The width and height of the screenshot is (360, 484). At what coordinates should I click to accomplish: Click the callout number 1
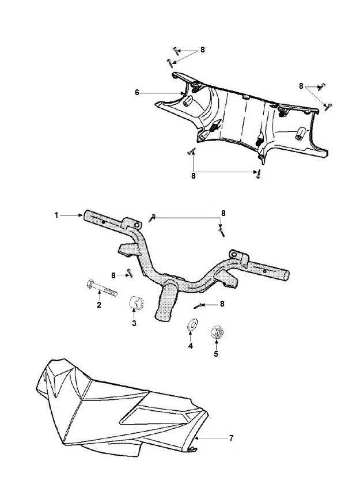tap(56, 215)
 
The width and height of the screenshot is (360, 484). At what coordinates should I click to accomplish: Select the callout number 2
tap(99, 305)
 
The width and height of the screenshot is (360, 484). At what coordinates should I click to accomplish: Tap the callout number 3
tap(134, 323)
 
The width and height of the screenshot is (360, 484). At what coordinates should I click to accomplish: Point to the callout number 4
tap(191, 346)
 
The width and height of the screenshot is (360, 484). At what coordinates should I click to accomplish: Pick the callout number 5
tap(216, 354)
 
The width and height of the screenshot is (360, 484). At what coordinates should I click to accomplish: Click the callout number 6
tap(137, 92)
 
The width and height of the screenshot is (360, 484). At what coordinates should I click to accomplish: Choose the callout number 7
tap(232, 438)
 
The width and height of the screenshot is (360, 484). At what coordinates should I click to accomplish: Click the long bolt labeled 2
tap(102, 288)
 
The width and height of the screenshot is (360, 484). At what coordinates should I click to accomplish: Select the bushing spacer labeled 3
tap(136, 302)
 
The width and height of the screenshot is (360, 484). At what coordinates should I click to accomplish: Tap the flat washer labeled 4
tap(193, 325)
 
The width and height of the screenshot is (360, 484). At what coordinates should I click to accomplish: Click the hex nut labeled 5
tap(217, 332)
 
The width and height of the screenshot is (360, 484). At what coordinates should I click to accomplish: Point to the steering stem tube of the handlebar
tap(166, 302)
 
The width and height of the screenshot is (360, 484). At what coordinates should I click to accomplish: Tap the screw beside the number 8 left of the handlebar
tap(130, 273)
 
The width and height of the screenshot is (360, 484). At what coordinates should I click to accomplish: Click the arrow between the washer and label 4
tap(191, 336)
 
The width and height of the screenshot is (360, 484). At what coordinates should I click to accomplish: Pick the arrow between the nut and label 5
tap(216, 344)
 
